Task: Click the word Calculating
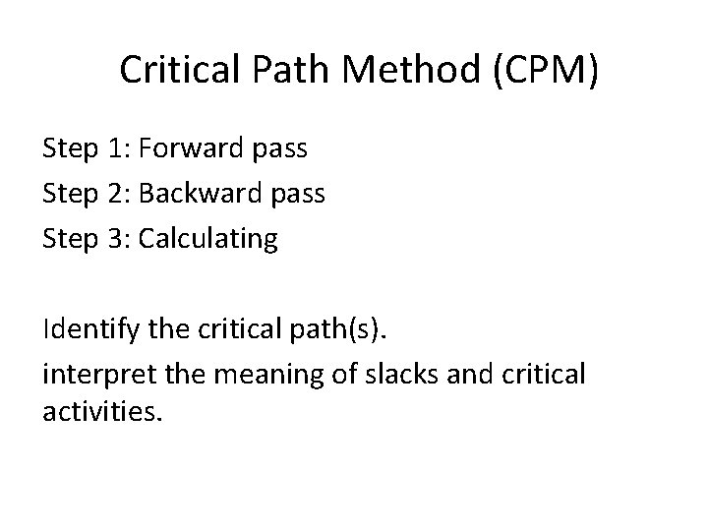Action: click(x=208, y=239)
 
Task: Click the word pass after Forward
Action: click(x=281, y=149)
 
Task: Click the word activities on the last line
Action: click(x=97, y=410)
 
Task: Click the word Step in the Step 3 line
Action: click(x=69, y=239)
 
